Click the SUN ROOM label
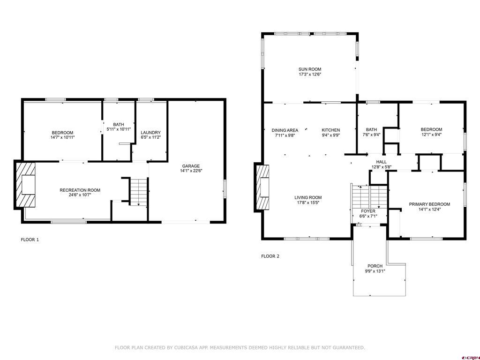coord(310,69)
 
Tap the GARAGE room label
coord(191,166)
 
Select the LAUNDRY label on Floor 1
coord(151,133)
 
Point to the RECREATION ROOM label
coord(80,190)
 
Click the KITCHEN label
coord(330,130)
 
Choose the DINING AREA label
coord(285,130)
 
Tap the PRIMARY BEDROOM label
coord(429,204)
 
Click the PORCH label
coord(375,266)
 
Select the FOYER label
coord(368,211)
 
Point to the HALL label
coord(381,162)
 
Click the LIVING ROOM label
coord(308,197)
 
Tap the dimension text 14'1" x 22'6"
coord(191,171)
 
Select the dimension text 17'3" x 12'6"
coord(310,75)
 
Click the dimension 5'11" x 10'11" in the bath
coord(119,129)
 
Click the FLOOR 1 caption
coord(30,240)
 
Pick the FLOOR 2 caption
coord(270,256)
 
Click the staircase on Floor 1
coord(138,192)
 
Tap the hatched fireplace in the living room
coord(263,187)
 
